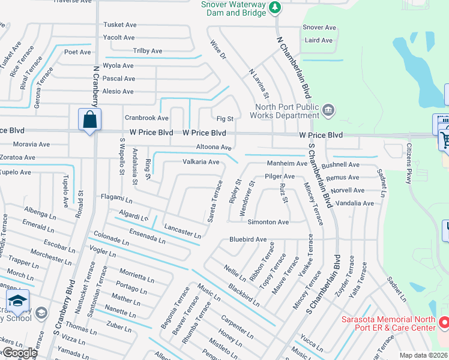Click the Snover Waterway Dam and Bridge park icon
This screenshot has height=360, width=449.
(x=275, y=7)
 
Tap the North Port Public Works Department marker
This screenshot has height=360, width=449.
(x=328, y=109)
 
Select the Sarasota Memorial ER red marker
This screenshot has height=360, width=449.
(x=444, y=323)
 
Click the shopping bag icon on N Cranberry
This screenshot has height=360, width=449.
(x=89, y=119)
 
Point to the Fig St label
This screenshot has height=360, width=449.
(x=225, y=119)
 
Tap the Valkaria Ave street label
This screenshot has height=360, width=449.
(x=200, y=162)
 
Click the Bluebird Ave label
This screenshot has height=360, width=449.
(x=247, y=239)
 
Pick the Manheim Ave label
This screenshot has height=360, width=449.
(x=287, y=163)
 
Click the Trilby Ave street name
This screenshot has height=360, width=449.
(x=148, y=51)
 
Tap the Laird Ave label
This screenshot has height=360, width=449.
(x=318, y=40)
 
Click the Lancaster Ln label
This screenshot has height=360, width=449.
(x=182, y=233)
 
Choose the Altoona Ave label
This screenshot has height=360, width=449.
(x=214, y=147)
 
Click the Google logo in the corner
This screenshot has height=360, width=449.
(x=19, y=352)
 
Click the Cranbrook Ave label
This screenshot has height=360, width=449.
(x=146, y=118)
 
